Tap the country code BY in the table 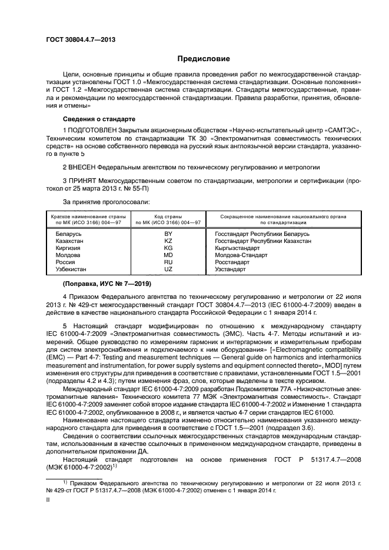168,234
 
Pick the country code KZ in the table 168,241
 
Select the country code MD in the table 168,255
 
